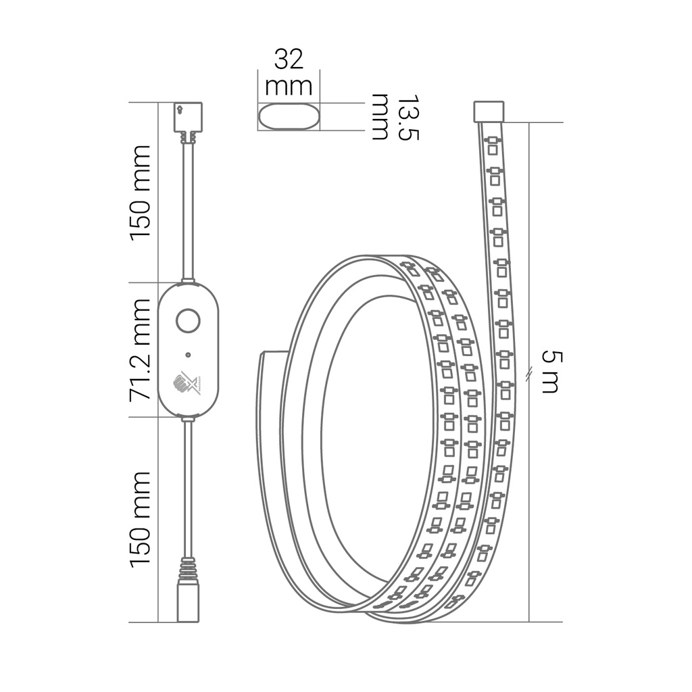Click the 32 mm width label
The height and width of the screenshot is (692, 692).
coord(289,72)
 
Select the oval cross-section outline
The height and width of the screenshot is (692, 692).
coord(289,116)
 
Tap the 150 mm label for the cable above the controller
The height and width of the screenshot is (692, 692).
coord(141,192)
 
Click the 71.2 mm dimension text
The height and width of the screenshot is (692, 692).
coord(141,349)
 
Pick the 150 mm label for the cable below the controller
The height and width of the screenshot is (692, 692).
coord(141,519)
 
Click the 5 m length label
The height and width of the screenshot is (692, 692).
coord(551,372)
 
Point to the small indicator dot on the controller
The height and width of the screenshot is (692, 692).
coord(188,353)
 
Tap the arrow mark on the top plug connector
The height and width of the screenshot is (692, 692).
coord(180,108)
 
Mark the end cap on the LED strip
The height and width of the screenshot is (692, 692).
coord(489,112)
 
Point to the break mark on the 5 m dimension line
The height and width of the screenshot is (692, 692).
coord(529,372)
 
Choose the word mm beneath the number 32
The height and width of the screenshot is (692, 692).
coord(289,86)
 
